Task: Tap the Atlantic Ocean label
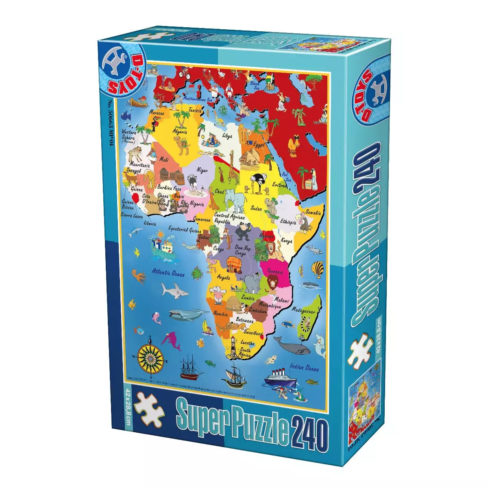point(168,272)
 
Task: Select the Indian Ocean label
point(304,368)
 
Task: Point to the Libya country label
point(227,136)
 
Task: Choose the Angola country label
point(223,278)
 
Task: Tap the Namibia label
point(221,314)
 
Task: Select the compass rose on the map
point(151,357)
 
